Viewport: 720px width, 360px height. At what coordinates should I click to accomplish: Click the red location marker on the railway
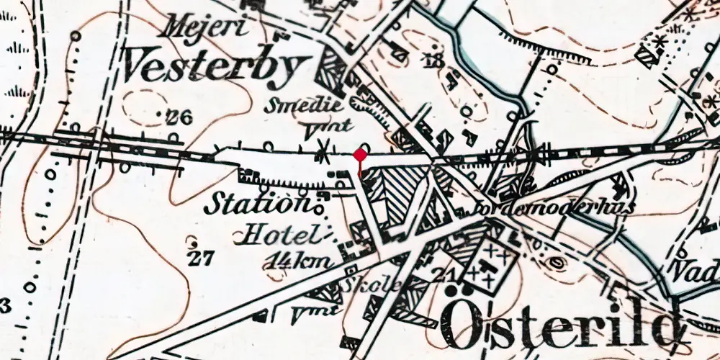tap(360, 156)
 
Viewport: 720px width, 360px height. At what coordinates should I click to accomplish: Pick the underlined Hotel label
tap(280, 234)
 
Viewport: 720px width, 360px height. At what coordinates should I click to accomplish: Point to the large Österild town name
tap(562, 324)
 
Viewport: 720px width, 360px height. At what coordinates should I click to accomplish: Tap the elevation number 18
tap(434, 61)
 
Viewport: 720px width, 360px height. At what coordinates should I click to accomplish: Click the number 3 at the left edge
tap(6, 307)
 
